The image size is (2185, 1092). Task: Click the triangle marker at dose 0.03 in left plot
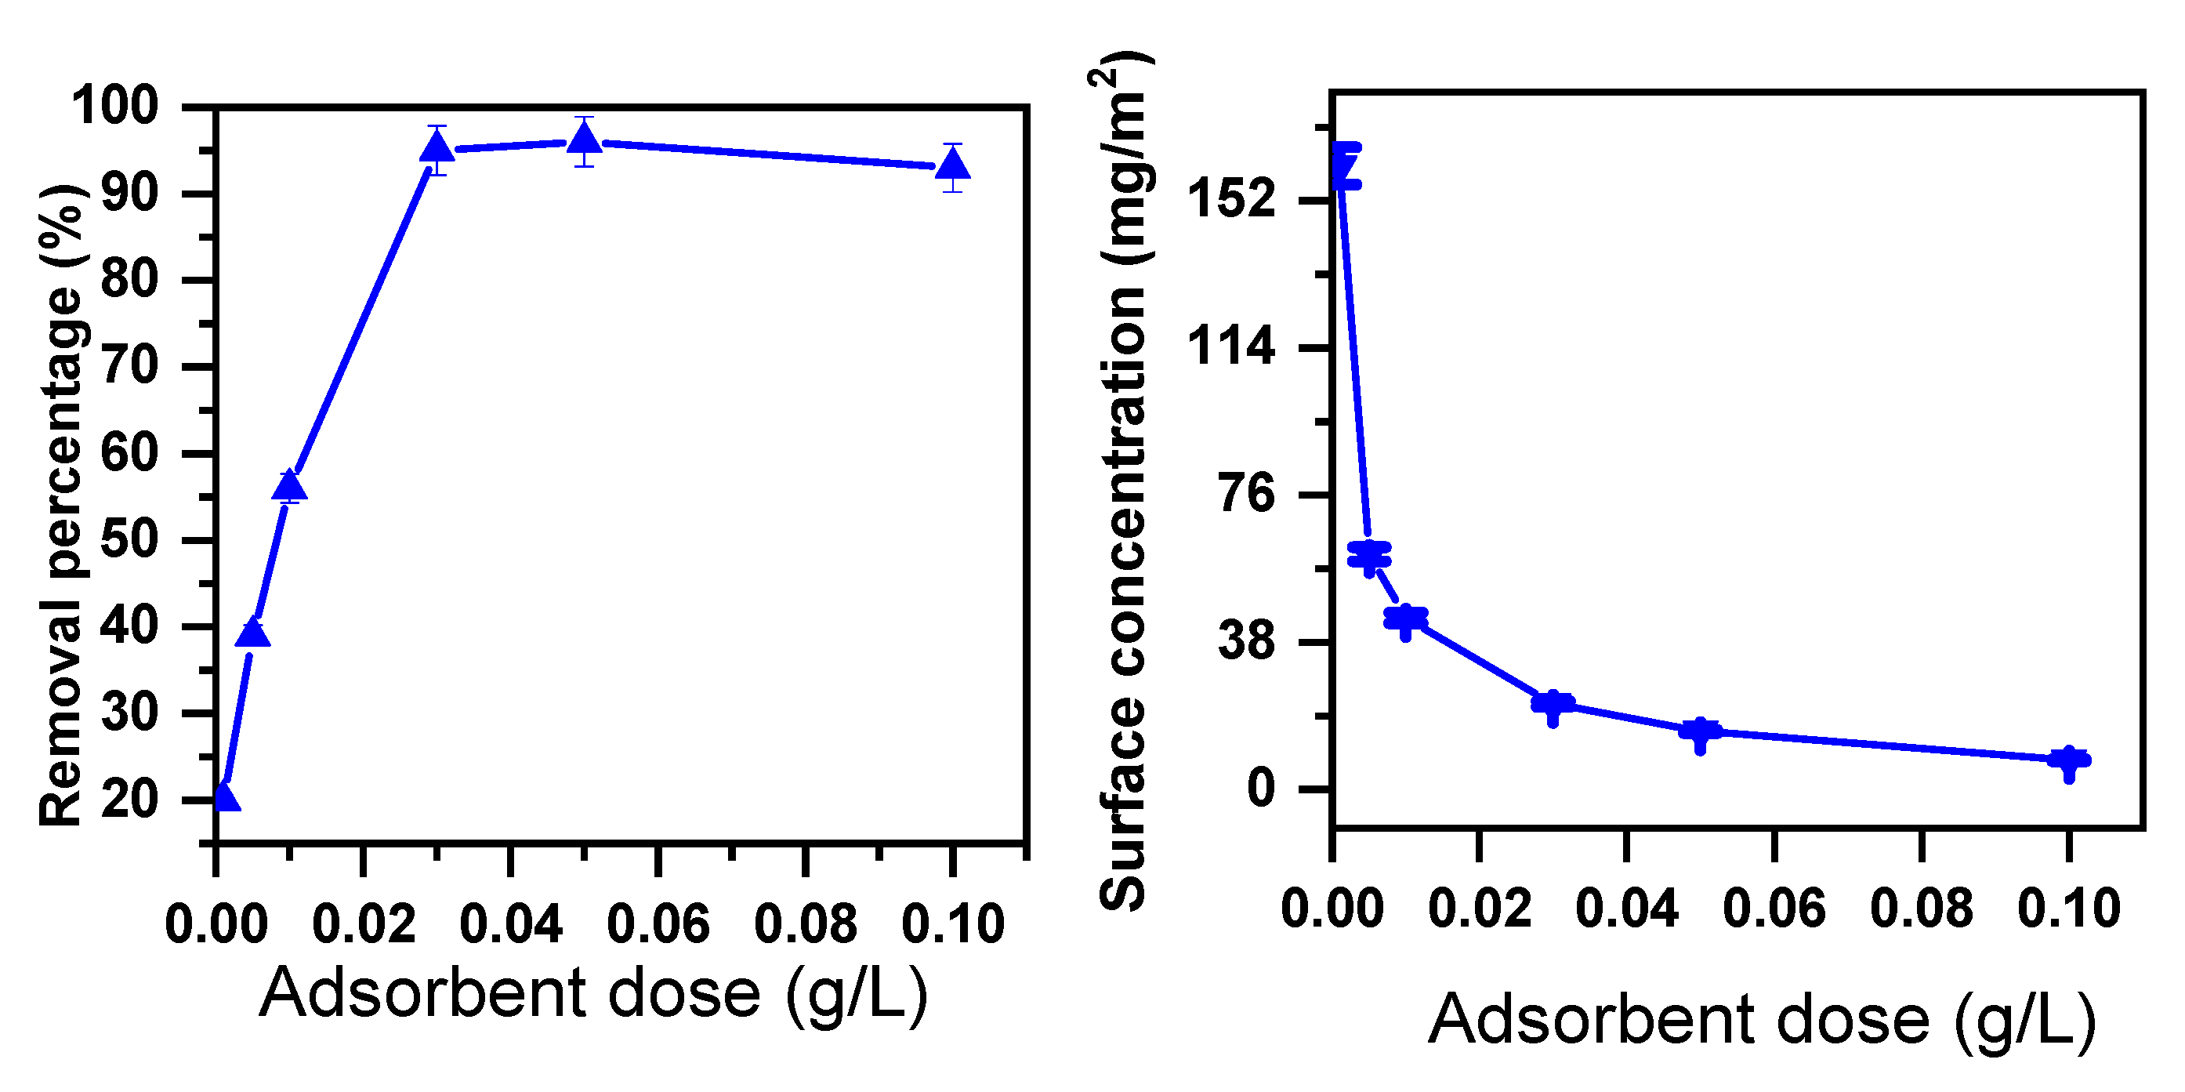437,149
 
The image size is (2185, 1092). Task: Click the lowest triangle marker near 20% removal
225,797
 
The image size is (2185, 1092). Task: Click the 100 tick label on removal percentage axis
115,107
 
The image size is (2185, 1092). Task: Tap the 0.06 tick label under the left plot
658,925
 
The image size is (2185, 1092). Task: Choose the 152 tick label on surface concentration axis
1230,200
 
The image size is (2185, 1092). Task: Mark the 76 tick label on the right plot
1247,493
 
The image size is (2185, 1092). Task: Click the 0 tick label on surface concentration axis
1261,789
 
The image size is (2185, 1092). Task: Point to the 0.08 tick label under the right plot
1921,909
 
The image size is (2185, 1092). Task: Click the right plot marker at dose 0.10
2069,760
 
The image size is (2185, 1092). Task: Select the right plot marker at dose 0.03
1553,702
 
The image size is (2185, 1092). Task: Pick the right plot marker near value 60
1369,556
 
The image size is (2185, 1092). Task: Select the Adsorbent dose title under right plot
1763,1019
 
